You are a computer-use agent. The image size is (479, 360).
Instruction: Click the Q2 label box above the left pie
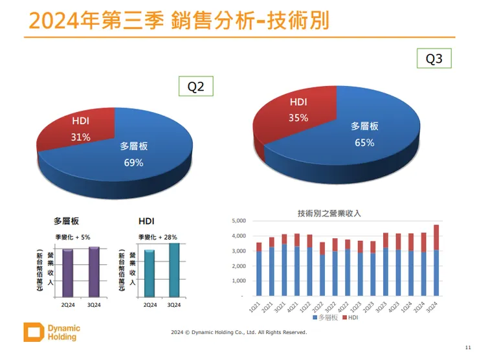coord(195,86)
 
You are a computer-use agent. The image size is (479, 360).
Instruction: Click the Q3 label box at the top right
coord(434,59)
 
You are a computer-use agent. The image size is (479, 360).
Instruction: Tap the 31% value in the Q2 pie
coord(81,137)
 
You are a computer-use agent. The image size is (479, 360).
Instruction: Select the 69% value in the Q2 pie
coord(133,163)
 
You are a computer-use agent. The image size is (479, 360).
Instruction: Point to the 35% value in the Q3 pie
coord(298,118)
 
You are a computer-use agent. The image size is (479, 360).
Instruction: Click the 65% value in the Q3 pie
coord(364,142)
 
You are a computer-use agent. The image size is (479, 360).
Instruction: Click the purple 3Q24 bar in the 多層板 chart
coord(94,271)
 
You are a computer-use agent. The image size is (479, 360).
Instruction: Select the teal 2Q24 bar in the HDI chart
coord(150,273)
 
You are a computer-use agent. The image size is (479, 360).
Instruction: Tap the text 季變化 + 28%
coord(157,237)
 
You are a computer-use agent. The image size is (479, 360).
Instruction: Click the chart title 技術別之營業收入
coord(329,213)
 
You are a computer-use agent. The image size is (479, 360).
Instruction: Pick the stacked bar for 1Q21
coord(259,269)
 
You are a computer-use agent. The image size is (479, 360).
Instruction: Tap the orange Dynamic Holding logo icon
coord(33,332)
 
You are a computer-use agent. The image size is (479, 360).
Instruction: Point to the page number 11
coord(468,347)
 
